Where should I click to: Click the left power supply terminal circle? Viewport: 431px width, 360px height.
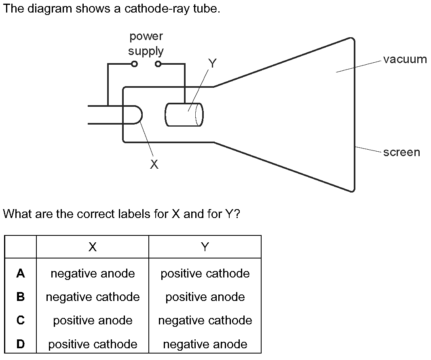point(135,64)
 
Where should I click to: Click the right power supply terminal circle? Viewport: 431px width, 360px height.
point(158,64)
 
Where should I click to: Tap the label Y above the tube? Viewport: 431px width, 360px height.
point(212,63)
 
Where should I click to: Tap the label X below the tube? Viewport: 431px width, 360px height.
point(154,164)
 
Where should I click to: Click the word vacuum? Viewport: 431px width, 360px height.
point(405,59)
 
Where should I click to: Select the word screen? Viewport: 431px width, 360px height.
point(401,152)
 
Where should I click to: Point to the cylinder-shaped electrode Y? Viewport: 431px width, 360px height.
point(184,115)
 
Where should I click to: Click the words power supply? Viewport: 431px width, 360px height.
point(146,44)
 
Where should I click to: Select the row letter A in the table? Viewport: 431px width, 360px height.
point(21,274)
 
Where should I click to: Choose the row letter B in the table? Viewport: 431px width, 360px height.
point(21,297)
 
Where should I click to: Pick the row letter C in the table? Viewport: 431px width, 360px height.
point(21,321)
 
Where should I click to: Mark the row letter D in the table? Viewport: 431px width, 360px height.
point(21,344)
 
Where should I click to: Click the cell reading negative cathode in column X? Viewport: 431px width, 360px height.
point(93,297)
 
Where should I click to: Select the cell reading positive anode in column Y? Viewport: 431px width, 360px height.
point(205,297)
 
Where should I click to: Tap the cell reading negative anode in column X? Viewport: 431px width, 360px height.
point(93,274)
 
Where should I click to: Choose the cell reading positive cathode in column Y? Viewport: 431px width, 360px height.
point(205,274)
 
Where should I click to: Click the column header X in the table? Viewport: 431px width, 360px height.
point(93,247)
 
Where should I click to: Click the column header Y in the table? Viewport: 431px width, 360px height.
point(205,247)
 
